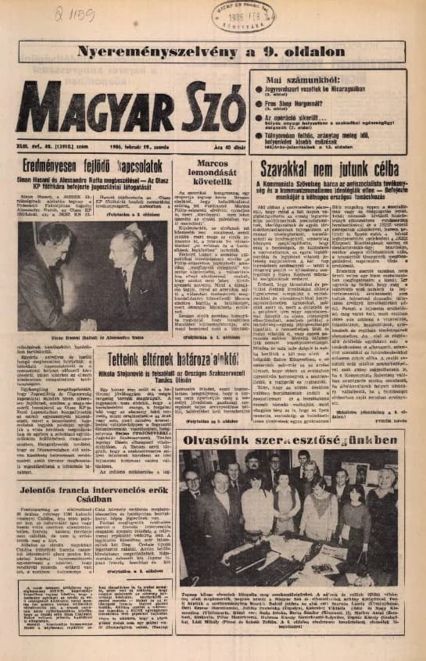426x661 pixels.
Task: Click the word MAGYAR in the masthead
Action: click(96, 106)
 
